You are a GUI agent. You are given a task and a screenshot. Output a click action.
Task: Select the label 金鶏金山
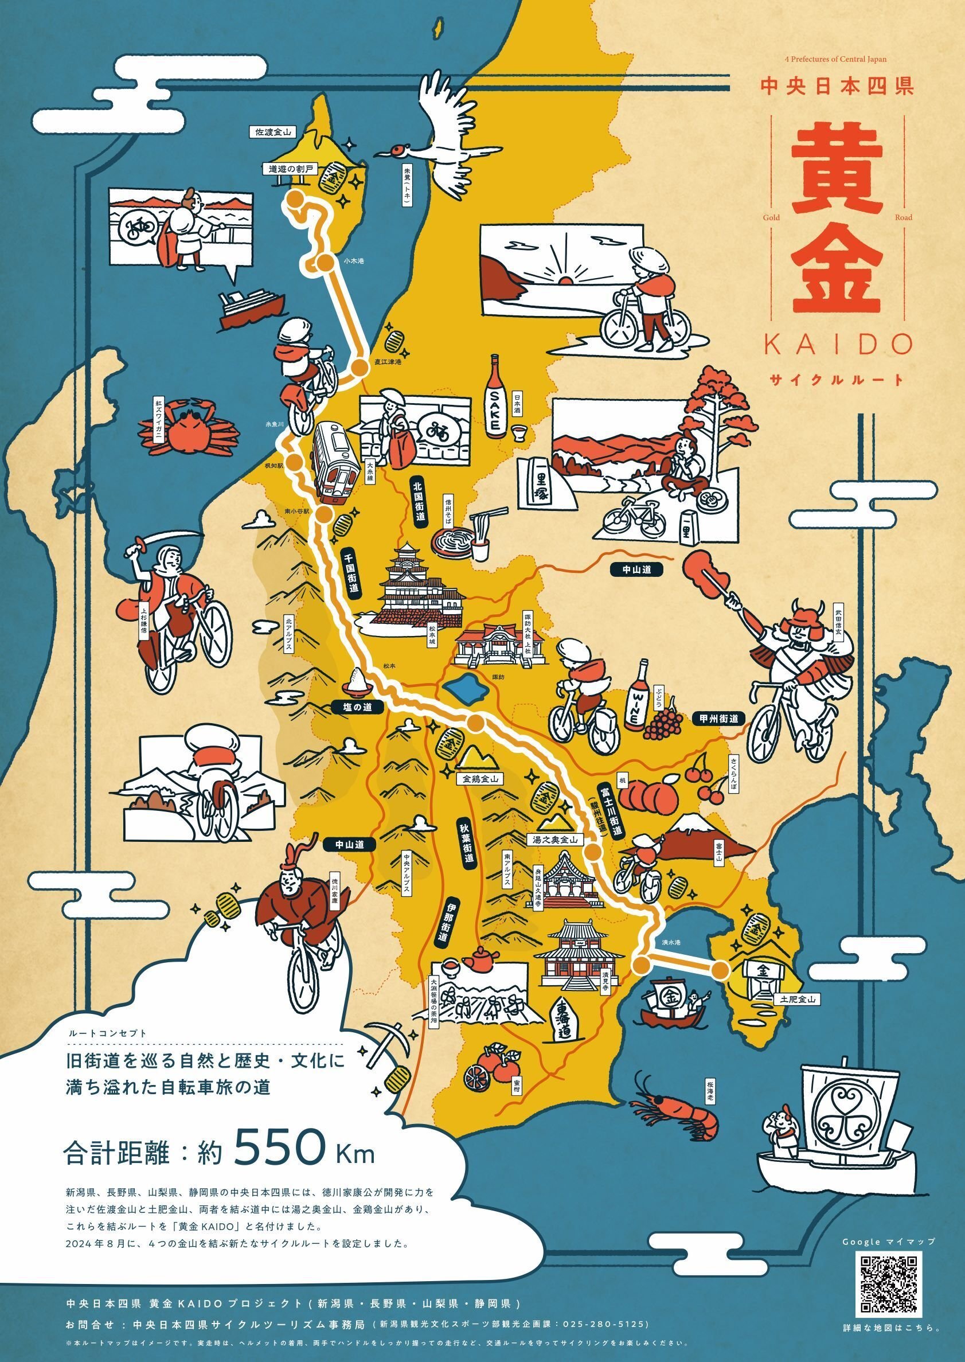(479, 778)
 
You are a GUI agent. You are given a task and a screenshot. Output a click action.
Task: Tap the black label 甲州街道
(718, 719)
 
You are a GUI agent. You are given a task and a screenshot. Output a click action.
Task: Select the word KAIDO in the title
(838, 344)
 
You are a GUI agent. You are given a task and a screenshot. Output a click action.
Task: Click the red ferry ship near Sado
(249, 306)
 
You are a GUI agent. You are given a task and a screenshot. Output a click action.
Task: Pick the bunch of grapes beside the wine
(665, 721)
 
